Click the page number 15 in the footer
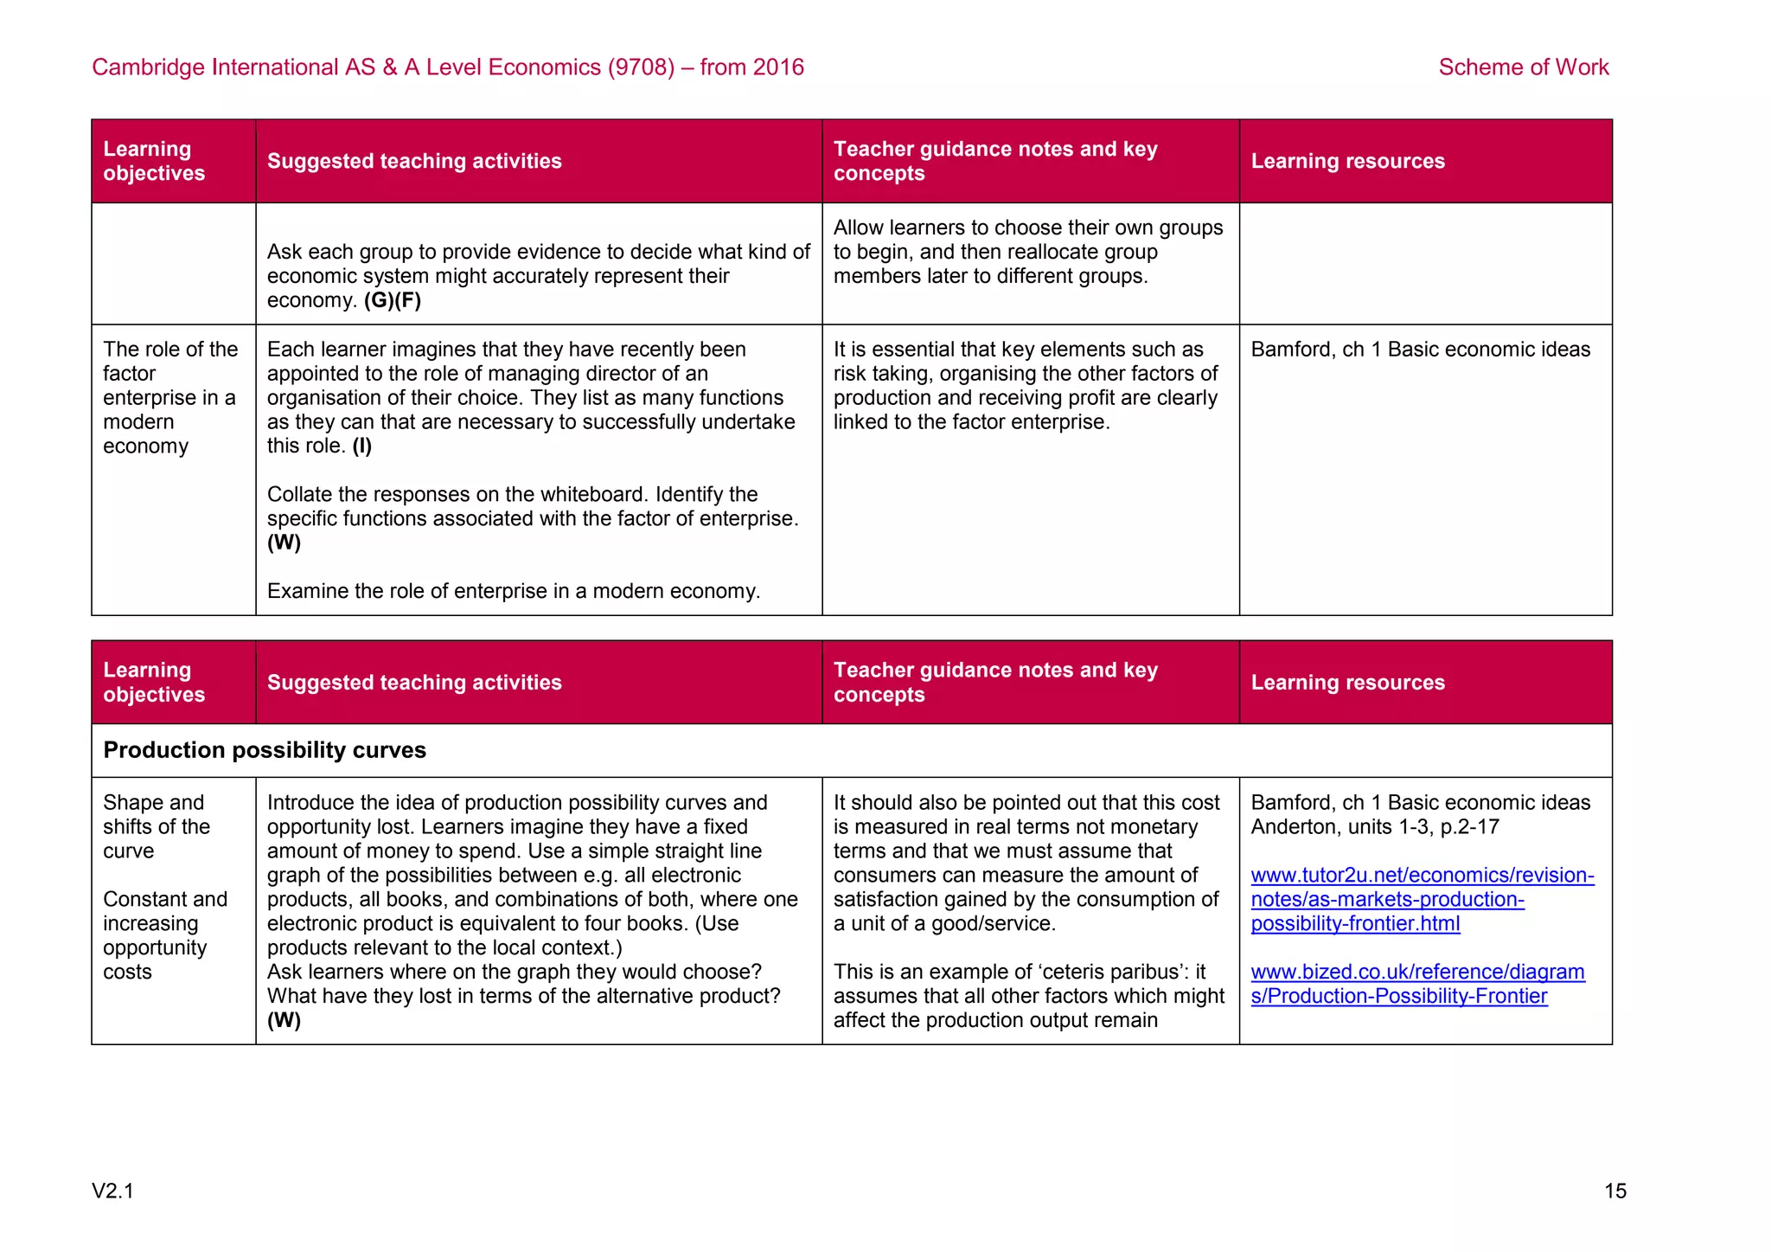[1614, 1191]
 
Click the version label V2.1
[112, 1191]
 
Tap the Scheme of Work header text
[1523, 67]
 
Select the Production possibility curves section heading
[265, 750]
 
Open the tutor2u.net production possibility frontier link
[1422, 899]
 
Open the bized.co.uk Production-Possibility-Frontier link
[1417, 984]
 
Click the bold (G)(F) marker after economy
[393, 300]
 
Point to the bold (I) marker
[361, 446]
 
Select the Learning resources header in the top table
[1347, 161]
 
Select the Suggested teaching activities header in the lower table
[414, 683]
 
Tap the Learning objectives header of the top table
[154, 161]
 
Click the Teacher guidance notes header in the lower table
[994, 683]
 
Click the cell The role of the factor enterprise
[169, 398]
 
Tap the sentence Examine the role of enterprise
[513, 591]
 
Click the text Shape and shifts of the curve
[156, 827]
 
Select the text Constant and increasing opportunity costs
[164, 935]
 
